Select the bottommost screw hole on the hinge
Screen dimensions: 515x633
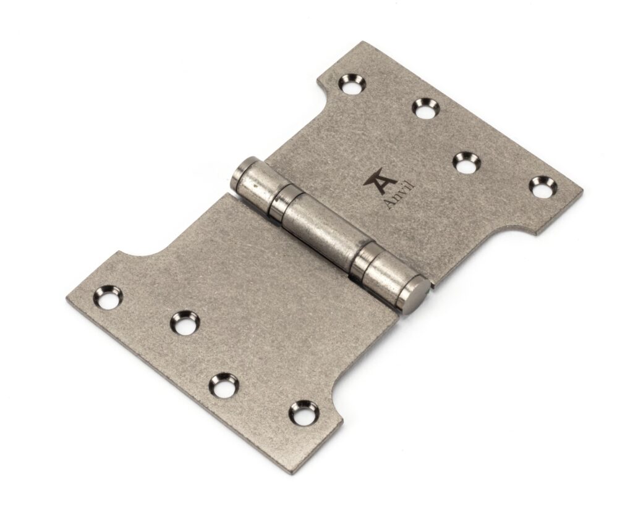click(303, 413)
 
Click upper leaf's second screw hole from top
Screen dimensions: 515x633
click(426, 107)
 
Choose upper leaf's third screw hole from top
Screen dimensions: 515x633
click(467, 162)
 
